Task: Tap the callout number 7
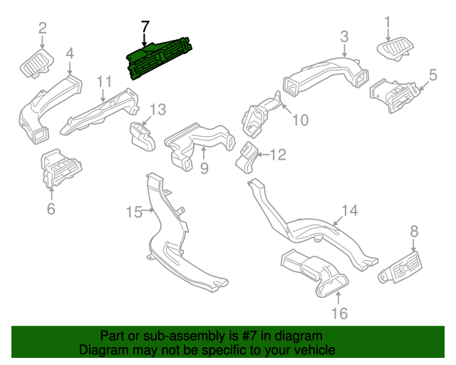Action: coord(145,27)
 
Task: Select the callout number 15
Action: coord(134,211)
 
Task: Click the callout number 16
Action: coord(339,314)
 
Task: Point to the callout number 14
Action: coord(349,210)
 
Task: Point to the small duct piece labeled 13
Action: coord(140,135)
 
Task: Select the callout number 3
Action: coord(344,36)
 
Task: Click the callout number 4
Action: coord(70,53)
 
